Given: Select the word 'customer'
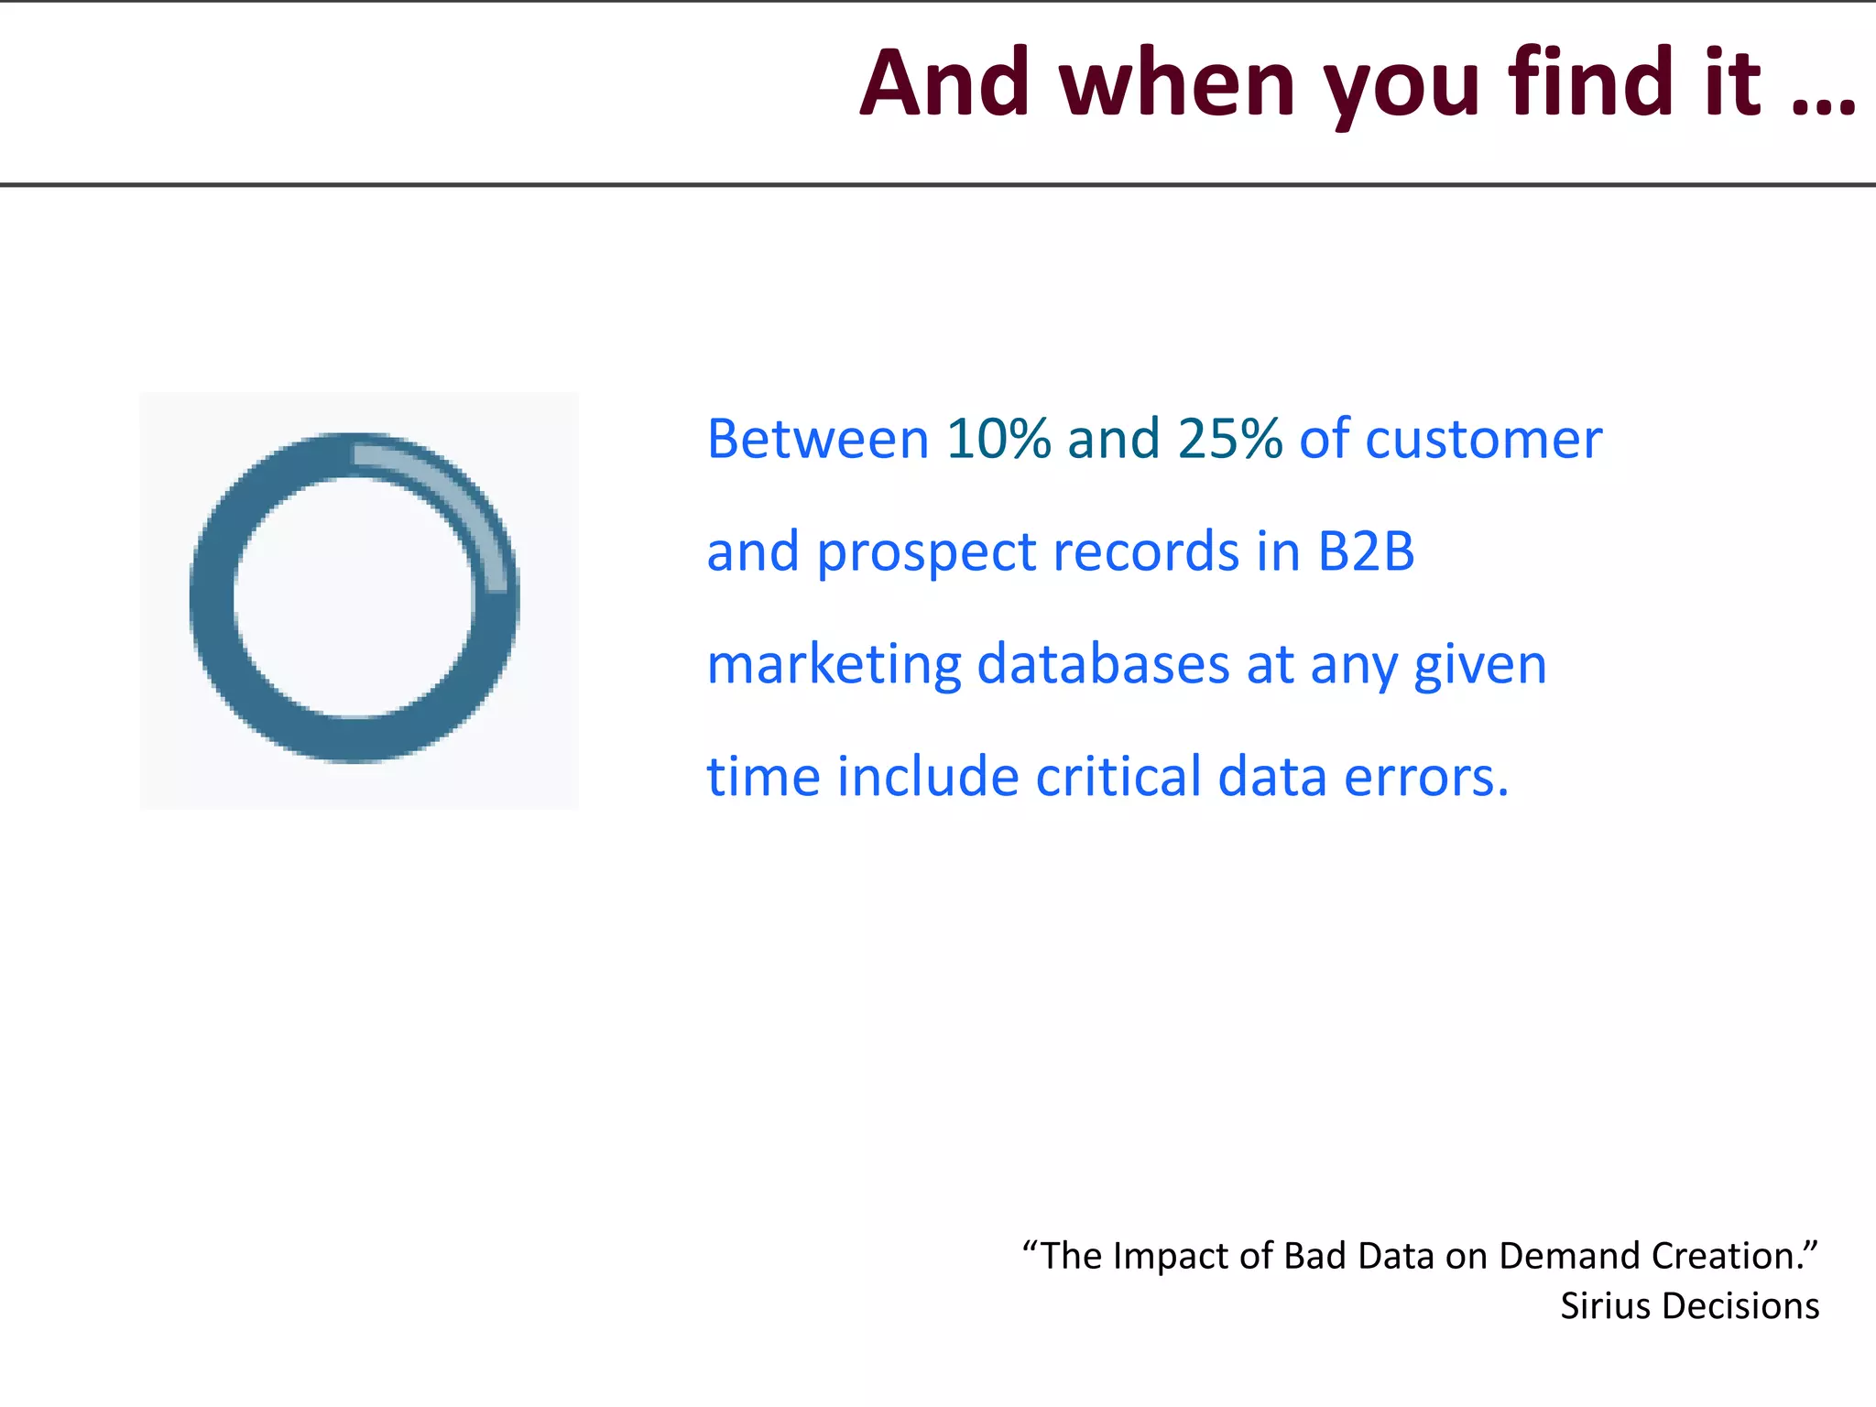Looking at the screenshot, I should point(1483,440).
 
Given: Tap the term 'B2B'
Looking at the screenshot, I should point(1366,551).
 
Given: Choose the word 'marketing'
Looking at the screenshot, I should point(834,665).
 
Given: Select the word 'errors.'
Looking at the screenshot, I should point(1425,778).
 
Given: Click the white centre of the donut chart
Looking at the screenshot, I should point(354,597).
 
